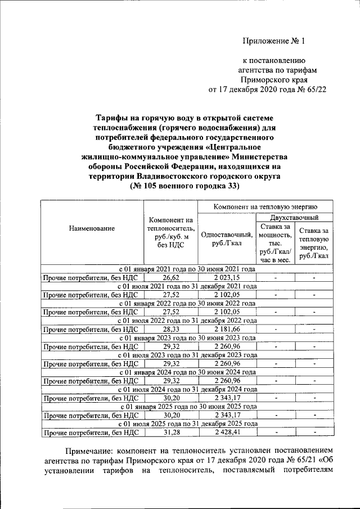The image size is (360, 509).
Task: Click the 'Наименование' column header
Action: point(92,228)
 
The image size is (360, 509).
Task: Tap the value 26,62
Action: point(171,278)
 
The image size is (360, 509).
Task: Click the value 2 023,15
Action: point(226,278)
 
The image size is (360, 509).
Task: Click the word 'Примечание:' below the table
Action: point(95,451)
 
